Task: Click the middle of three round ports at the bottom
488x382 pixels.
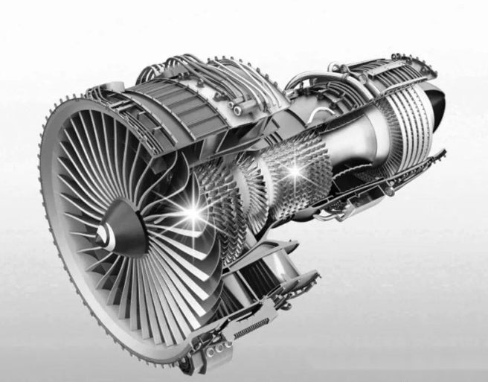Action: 218,349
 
